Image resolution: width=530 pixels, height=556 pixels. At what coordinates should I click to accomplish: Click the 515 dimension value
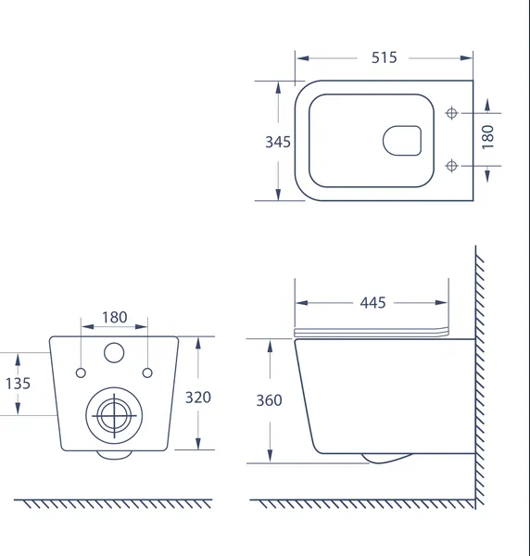click(x=384, y=57)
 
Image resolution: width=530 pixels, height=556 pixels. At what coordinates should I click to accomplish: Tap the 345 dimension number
click(x=278, y=142)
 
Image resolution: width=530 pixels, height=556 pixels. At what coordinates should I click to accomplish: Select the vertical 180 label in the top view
click(x=487, y=137)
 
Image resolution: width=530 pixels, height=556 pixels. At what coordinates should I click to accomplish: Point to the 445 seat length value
click(x=372, y=303)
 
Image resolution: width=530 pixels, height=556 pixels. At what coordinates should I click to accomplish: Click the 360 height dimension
click(x=269, y=400)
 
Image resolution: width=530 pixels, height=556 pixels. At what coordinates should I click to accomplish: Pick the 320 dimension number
click(x=198, y=398)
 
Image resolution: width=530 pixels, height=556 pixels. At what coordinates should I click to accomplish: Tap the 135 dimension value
click(x=19, y=384)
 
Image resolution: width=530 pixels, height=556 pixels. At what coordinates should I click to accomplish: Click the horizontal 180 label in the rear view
click(x=115, y=317)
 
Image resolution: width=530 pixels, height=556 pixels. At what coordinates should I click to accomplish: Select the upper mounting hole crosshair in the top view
click(x=451, y=113)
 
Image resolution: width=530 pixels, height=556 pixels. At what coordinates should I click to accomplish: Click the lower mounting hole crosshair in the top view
click(x=451, y=166)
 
